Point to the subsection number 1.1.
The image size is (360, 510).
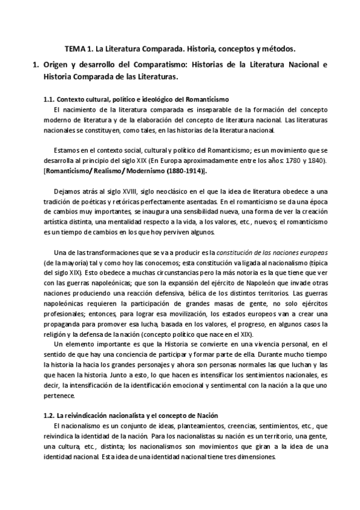click(x=49, y=99)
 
